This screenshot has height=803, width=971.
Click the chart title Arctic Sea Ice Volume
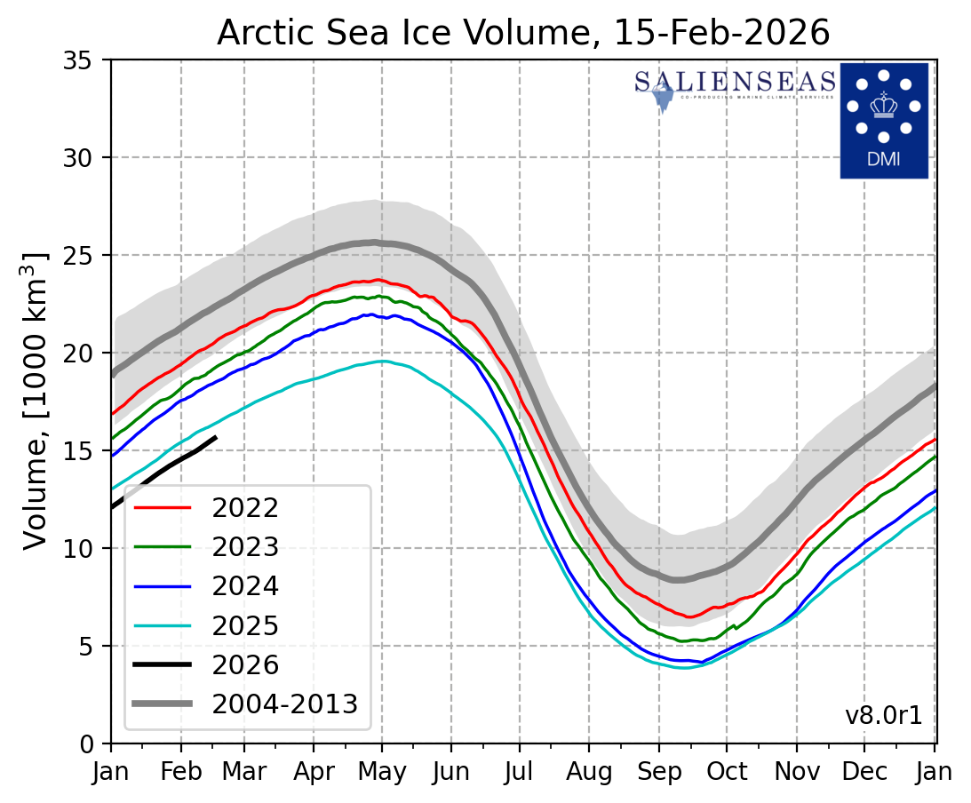point(523,32)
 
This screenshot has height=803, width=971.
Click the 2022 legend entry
point(244,508)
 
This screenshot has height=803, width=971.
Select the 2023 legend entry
point(244,547)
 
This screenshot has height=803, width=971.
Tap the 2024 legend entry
point(244,586)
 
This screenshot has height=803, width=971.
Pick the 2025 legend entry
point(244,625)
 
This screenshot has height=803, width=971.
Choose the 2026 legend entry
point(244,664)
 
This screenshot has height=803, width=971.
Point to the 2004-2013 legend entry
point(284,704)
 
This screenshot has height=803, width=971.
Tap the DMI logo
point(883,120)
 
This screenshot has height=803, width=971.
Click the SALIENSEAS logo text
point(735,83)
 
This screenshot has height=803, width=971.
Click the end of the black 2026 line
point(216,436)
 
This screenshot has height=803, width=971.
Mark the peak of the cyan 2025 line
point(382,362)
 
